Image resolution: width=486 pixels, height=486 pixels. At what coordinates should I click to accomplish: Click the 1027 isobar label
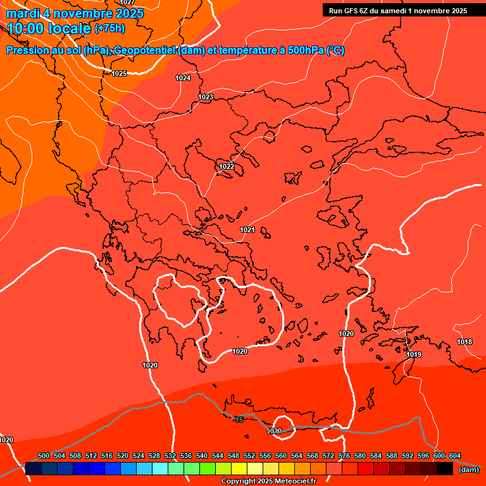point(127,3)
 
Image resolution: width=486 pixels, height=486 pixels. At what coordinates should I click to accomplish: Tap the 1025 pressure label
point(119,73)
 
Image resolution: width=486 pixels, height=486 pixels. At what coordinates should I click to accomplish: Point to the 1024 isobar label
point(183,78)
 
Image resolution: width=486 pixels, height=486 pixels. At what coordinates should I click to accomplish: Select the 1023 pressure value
point(206,97)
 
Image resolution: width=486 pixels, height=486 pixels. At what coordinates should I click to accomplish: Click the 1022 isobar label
point(227,166)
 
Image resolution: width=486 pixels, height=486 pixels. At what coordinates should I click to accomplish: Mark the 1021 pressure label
point(247,230)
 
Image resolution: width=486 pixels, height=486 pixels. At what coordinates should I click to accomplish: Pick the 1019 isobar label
point(414,354)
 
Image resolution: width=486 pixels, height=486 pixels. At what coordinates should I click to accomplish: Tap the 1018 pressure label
point(464,342)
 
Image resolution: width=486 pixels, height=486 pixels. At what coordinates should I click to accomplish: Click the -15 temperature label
point(238,420)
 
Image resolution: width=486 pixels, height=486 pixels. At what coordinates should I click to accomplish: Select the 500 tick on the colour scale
point(44,456)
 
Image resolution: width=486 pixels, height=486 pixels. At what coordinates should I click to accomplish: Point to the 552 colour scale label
point(249,456)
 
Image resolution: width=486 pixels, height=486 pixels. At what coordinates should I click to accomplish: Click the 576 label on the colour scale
point(344,456)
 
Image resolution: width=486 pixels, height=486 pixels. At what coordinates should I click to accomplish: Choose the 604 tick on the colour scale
point(455,456)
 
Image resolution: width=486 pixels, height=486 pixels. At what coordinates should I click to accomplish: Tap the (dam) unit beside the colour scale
point(469,470)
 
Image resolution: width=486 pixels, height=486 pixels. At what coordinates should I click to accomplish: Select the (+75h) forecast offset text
point(109,28)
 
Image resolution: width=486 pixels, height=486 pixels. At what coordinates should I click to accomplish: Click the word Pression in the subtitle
point(26,51)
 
